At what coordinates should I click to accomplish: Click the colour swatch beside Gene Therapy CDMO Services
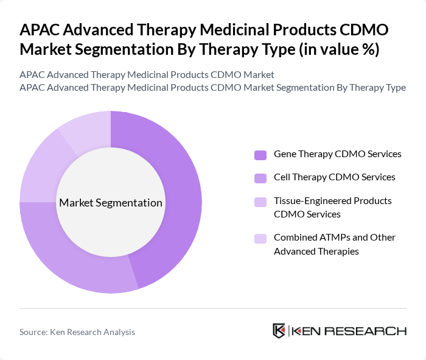tap(260, 155)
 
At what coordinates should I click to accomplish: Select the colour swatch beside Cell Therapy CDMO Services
tap(260, 178)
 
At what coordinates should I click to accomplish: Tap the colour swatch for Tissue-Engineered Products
tap(260, 202)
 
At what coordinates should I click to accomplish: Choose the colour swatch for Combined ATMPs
tap(260, 238)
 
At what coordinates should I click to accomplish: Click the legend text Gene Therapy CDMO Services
tap(337, 154)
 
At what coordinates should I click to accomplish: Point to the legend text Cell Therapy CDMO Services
tap(334, 177)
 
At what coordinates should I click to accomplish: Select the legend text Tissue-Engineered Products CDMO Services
tap(333, 207)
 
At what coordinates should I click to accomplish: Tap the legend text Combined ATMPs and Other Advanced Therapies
tap(335, 244)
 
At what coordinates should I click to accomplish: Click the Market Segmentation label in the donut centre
tap(111, 203)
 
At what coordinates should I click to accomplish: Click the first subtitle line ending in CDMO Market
tap(147, 74)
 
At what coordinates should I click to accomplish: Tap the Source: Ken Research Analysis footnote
tap(77, 332)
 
